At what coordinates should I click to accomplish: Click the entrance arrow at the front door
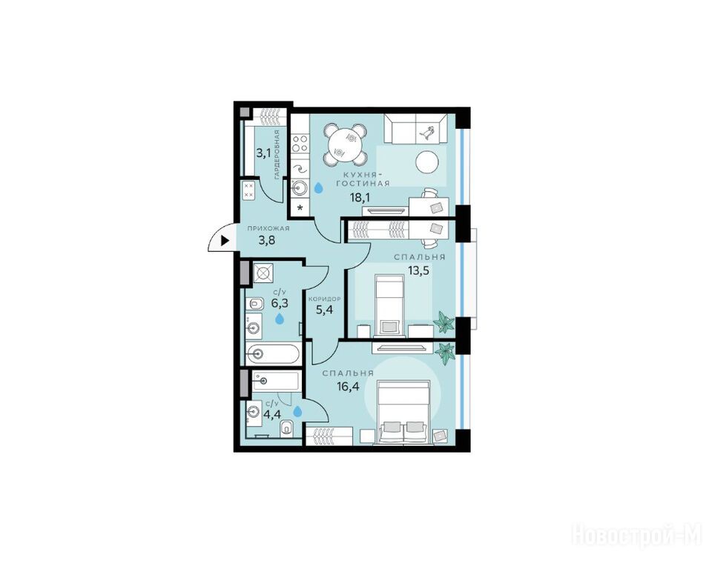[x=224, y=241]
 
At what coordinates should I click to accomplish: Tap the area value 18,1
[x=359, y=197]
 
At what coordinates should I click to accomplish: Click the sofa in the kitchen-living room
[x=415, y=129]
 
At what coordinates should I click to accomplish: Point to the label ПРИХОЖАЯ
[x=268, y=229]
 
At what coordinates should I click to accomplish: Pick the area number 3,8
[x=267, y=241]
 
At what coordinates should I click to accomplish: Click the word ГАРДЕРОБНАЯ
[x=277, y=155]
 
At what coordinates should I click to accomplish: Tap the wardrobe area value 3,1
[x=263, y=153]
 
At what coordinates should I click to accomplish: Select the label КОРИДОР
[x=324, y=299]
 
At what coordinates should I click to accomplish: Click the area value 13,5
[x=418, y=270]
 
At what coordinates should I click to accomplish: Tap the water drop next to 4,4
[x=297, y=411]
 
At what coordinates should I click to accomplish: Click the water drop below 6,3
[x=280, y=319]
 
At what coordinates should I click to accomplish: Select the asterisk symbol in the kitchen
[x=300, y=208]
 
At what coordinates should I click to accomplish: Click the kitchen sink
[x=299, y=187]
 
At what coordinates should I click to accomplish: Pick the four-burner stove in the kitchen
[x=300, y=144]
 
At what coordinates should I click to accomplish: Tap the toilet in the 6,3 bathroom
[x=254, y=303]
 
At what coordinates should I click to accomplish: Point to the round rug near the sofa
[x=428, y=162]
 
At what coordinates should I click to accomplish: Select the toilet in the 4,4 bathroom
[x=287, y=427]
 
